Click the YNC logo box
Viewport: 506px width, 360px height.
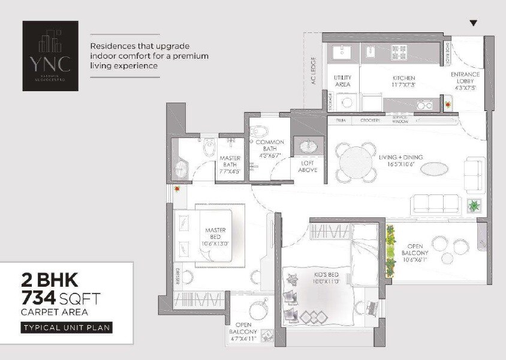[x=50, y=56]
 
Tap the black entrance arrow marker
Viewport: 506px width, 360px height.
[x=474, y=23]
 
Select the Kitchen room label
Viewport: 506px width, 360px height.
[x=403, y=82]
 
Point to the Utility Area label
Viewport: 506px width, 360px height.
[x=342, y=81]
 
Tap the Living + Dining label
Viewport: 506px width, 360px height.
[x=400, y=161]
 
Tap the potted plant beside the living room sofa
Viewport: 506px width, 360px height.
[x=474, y=205]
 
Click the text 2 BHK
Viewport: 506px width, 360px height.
[x=49, y=279]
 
